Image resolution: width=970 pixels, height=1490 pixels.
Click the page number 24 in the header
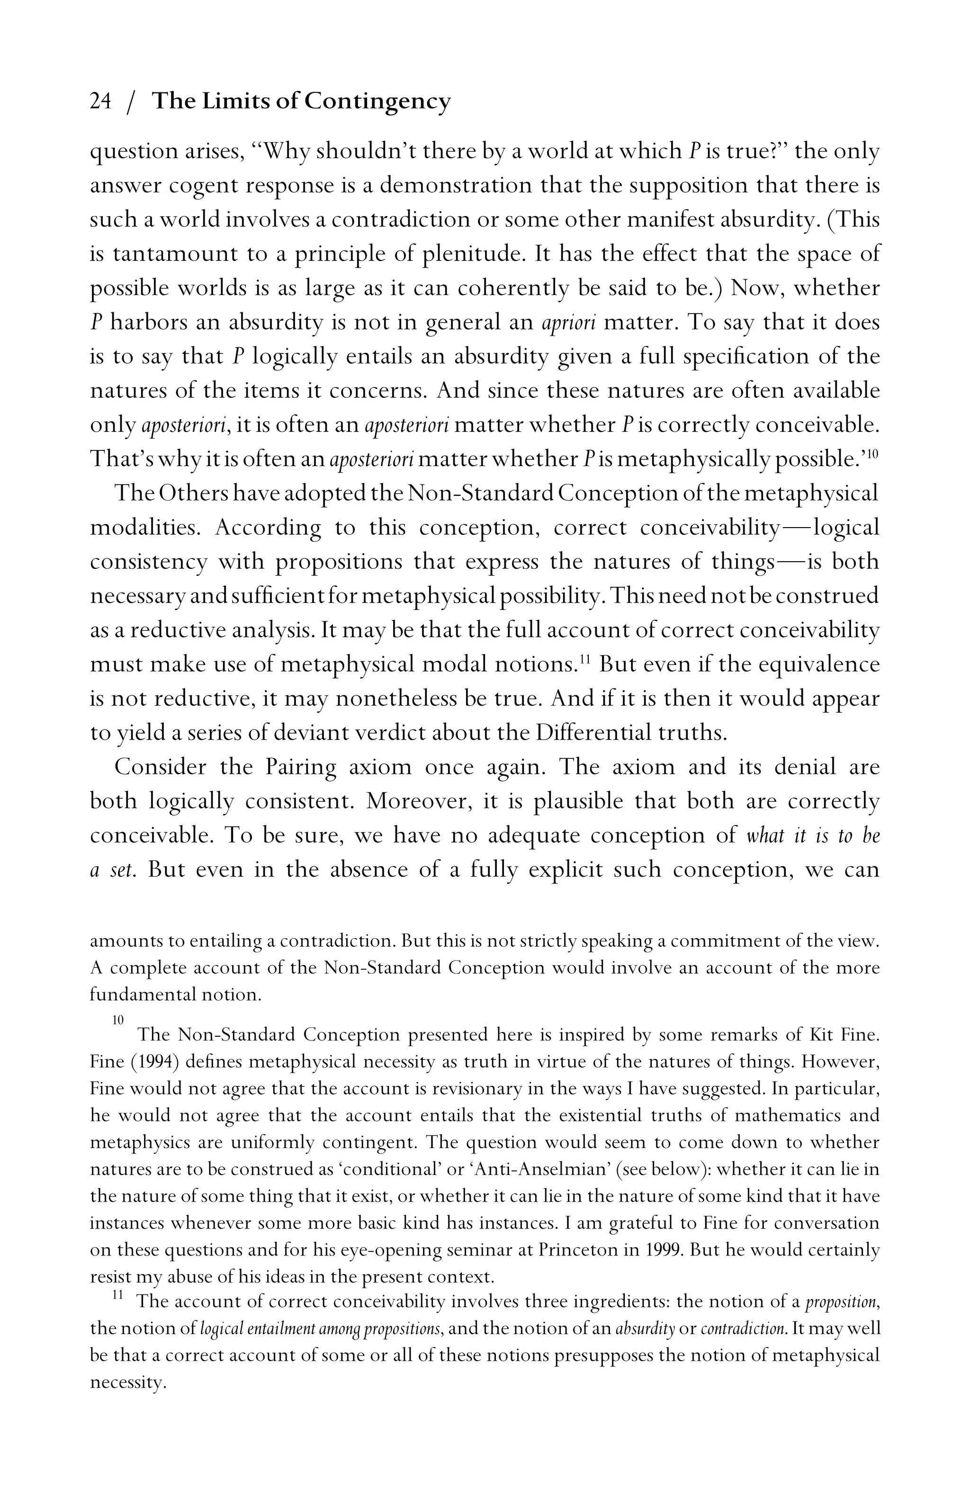point(100,101)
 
